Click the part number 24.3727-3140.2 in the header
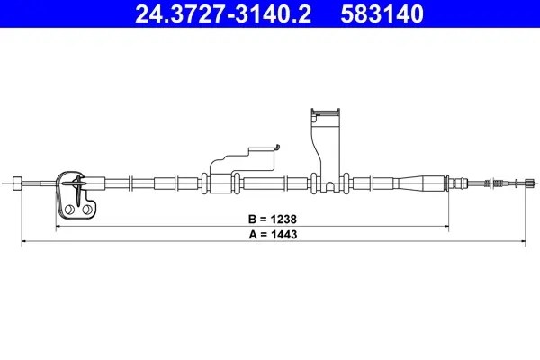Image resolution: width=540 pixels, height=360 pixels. click(223, 14)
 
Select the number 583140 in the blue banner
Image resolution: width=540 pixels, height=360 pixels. click(382, 14)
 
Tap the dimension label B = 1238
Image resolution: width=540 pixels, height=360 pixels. click(273, 219)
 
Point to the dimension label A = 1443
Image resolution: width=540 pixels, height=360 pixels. click(273, 235)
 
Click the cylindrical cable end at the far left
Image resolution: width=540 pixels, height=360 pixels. click(17, 184)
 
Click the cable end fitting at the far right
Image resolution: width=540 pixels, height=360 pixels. click(530, 184)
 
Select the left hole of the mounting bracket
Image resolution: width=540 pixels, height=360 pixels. click(69, 209)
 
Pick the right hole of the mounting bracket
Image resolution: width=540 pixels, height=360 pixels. click(87, 209)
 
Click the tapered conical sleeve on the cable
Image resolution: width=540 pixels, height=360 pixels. click(419, 183)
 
